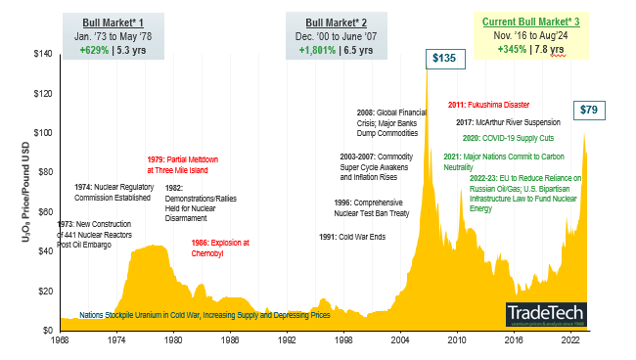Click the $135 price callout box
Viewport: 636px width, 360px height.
(443, 59)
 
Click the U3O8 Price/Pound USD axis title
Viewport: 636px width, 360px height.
(23, 192)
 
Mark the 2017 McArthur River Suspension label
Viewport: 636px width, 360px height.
(507, 122)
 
